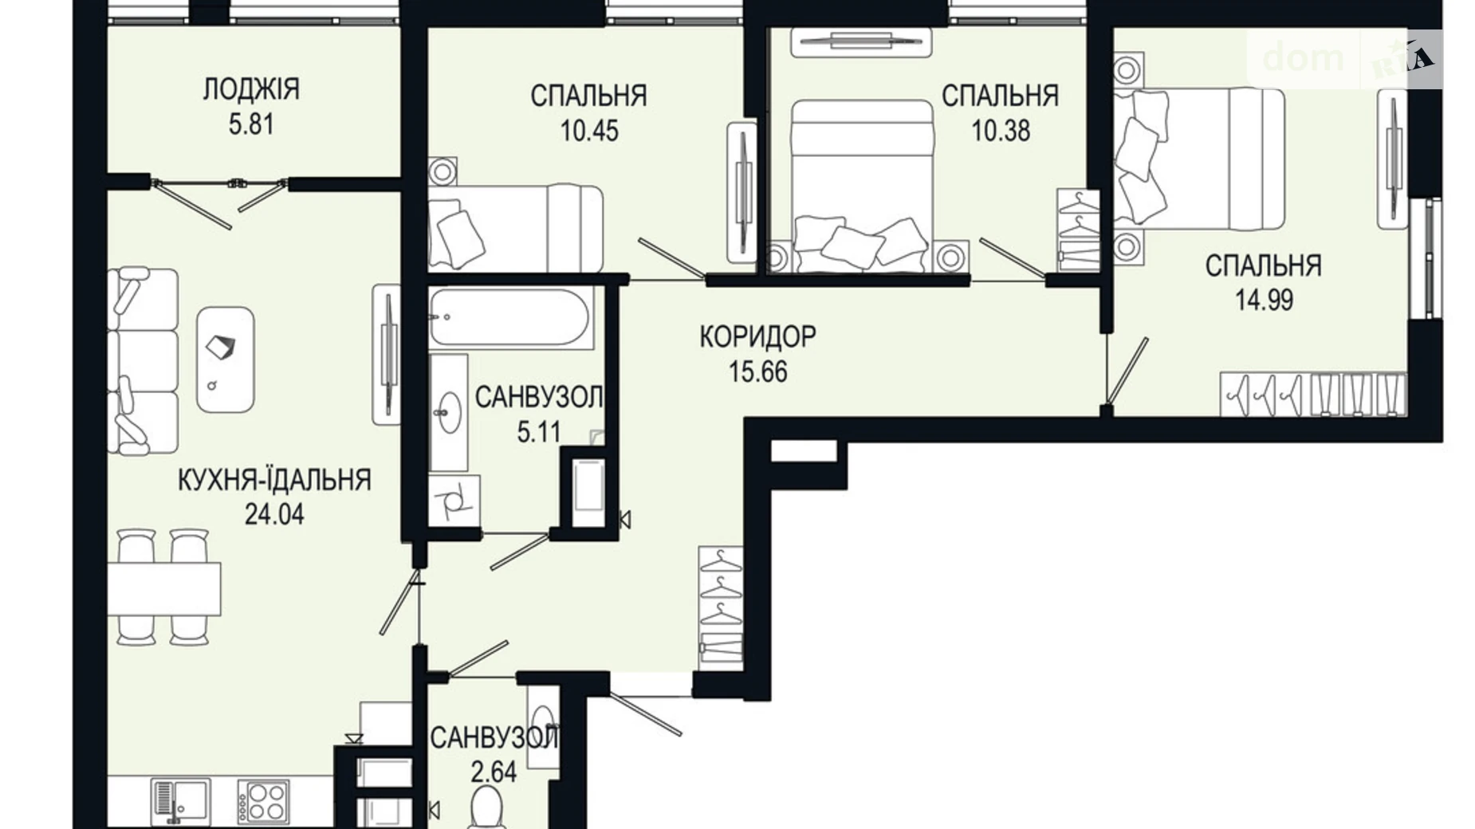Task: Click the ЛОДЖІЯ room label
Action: coord(251,88)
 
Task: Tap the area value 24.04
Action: coord(273,514)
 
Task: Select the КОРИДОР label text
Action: coord(757,336)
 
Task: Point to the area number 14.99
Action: coord(1264,300)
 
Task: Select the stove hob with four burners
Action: coord(263,800)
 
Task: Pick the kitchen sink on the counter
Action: coord(180,800)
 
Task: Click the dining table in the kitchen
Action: coord(164,588)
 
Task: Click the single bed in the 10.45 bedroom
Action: coord(515,228)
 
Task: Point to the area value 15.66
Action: coord(757,371)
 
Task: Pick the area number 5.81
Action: coord(251,124)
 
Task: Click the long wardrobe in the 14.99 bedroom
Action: coord(1313,394)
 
